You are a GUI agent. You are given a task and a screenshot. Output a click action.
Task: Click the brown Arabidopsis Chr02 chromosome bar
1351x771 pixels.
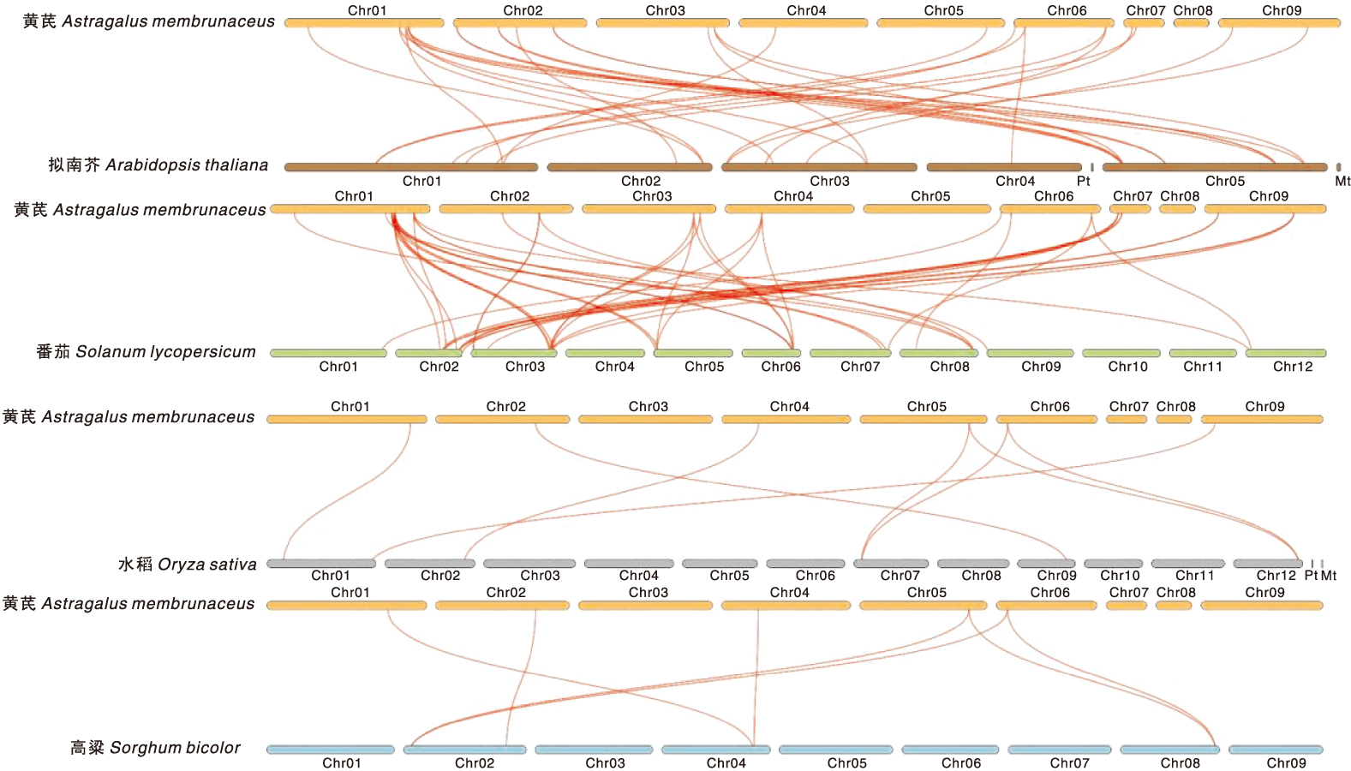click(x=629, y=167)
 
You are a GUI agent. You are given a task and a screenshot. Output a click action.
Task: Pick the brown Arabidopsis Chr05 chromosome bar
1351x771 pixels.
click(x=1215, y=167)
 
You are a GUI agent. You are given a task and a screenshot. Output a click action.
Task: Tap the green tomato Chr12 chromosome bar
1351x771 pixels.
click(x=1285, y=353)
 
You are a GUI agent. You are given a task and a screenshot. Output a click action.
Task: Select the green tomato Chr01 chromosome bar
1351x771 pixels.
click(x=328, y=353)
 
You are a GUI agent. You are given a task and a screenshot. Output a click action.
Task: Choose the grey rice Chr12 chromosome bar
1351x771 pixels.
click(x=1267, y=564)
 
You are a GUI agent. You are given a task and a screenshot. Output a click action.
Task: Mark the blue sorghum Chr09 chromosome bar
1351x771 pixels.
click(x=1275, y=750)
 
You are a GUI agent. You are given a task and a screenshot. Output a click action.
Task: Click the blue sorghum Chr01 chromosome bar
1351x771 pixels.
click(x=330, y=750)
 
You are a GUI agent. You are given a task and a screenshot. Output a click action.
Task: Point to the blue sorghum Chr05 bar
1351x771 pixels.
click(x=835, y=750)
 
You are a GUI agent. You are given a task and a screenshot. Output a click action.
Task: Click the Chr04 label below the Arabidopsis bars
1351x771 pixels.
click(x=1014, y=181)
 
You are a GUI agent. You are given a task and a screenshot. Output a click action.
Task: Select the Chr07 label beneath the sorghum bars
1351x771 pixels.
click(x=1069, y=763)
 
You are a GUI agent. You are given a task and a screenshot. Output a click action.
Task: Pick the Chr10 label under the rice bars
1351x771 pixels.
click(x=1120, y=576)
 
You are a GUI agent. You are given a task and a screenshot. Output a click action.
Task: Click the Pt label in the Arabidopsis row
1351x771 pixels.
click(x=1084, y=181)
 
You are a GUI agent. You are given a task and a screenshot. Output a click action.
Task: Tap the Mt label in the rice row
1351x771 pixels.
click(x=1329, y=576)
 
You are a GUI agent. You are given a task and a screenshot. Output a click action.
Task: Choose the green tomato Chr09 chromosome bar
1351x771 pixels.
click(x=1030, y=353)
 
